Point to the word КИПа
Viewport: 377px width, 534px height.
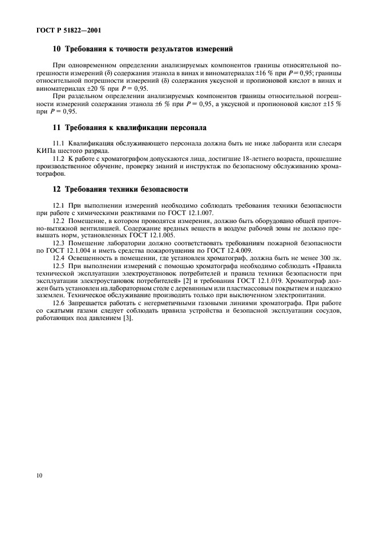click(46, 151)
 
